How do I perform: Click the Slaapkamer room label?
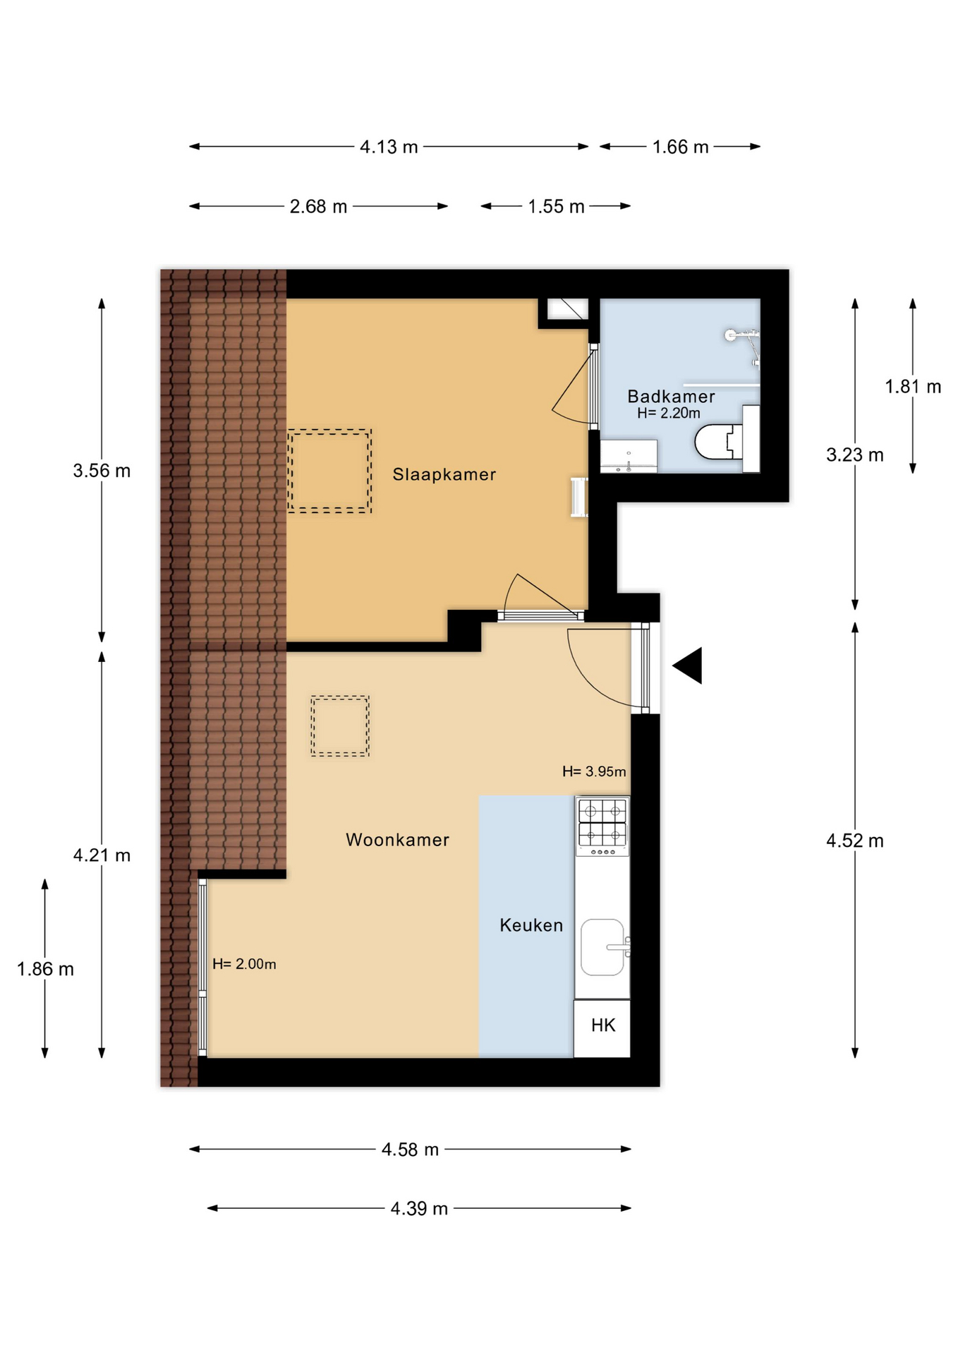point(444,474)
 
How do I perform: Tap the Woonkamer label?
point(397,840)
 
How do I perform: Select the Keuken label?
point(531,925)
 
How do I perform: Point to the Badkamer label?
point(671,396)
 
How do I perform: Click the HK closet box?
point(602,1028)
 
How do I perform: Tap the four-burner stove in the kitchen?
point(602,826)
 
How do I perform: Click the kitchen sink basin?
point(602,947)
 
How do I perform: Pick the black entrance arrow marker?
point(688,666)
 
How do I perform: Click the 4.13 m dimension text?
point(389,147)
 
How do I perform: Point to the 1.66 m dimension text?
point(680,147)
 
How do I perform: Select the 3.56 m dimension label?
point(102,471)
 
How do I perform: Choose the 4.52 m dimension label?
point(855,841)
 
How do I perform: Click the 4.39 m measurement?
point(419,1208)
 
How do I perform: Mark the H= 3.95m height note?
point(594,771)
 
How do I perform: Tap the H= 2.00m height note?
point(244,964)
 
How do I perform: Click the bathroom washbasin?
point(629,456)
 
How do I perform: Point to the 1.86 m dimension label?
point(45,969)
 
